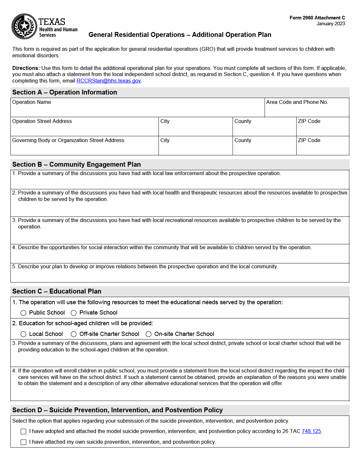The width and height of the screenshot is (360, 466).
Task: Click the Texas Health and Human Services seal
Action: point(24,27)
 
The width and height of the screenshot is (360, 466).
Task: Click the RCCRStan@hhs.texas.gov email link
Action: point(109,81)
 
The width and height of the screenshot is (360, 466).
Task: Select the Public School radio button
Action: point(23,313)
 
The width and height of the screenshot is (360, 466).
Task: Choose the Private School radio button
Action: point(74,313)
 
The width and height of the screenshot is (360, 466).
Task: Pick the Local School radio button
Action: point(23,334)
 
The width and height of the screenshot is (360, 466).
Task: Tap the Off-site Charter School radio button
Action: point(74,334)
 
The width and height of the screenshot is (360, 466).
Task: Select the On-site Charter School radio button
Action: point(148,334)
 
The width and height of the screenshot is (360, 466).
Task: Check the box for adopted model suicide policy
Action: point(24,431)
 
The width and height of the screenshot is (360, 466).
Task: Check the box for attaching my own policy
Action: point(24,442)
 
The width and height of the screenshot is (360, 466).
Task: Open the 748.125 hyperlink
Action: point(311,431)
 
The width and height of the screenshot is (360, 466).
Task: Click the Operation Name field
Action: point(137,110)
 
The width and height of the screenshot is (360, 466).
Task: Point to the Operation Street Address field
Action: point(84,129)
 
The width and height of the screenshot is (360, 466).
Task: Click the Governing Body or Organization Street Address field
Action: point(84,148)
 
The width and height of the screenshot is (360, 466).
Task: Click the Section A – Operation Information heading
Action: point(65,92)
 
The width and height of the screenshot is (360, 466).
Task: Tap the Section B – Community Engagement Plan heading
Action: point(76,164)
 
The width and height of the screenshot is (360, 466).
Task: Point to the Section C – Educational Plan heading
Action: point(57,291)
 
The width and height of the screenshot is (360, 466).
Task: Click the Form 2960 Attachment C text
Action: point(317,18)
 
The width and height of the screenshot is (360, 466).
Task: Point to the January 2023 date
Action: point(331,24)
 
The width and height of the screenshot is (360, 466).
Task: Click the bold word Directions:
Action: point(26,68)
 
